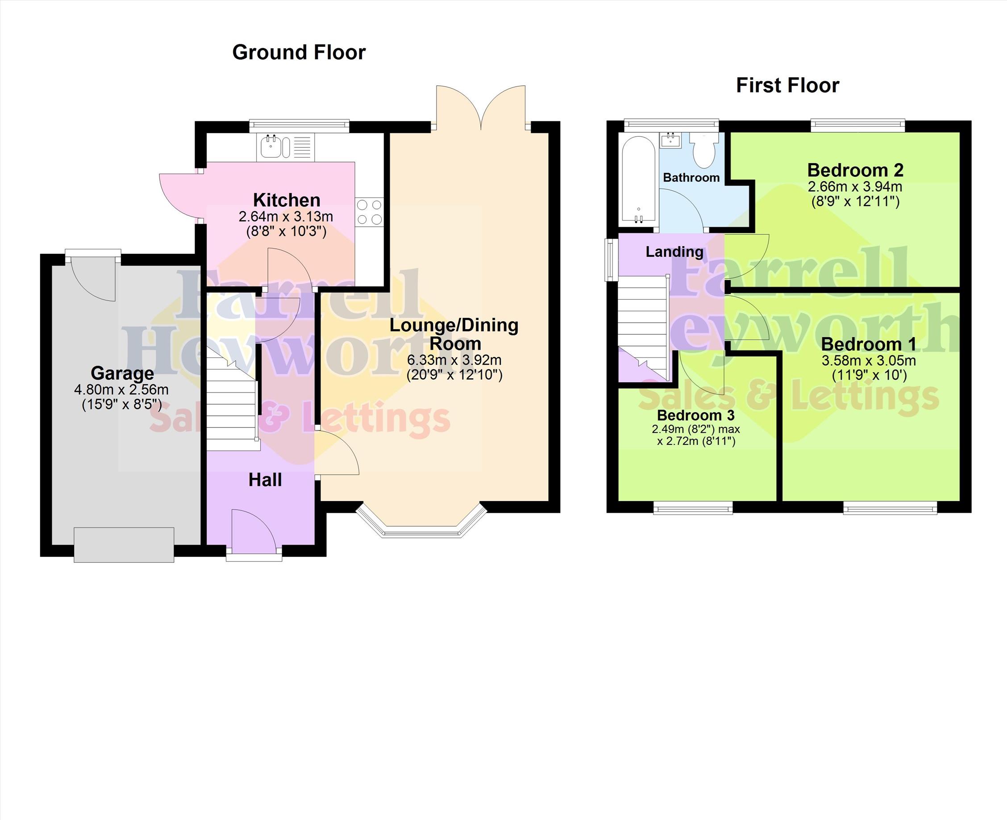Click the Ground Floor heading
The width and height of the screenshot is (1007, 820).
[x=299, y=52]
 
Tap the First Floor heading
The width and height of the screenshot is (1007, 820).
[x=787, y=85]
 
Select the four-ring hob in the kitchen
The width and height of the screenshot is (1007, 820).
[x=370, y=212]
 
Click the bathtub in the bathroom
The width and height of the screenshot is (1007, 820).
[x=638, y=180]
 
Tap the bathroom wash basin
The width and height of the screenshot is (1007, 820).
[x=670, y=140]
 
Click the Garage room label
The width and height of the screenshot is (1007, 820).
[x=122, y=373]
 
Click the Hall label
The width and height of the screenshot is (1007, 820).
[x=265, y=480]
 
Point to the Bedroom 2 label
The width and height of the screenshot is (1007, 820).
[x=855, y=170]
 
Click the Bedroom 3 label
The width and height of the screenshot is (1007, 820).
[x=696, y=415]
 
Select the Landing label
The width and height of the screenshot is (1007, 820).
[x=674, y=252]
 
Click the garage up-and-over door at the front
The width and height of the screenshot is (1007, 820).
[x=124, y=544]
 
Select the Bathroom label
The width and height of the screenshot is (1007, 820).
[x=691, y=178]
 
